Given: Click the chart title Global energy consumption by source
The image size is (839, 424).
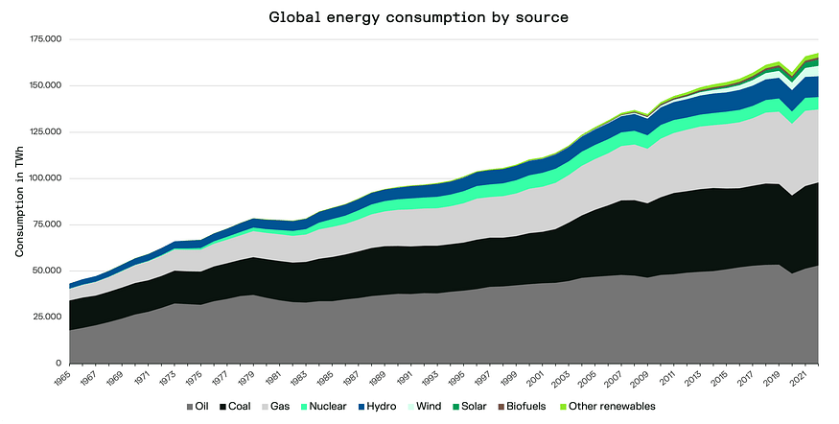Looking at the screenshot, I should (419, 17).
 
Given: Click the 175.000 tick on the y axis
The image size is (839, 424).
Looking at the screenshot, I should (46, 39).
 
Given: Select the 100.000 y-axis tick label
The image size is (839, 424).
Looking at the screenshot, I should (46, 178).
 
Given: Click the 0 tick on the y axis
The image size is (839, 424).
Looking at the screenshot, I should (58, 364).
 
